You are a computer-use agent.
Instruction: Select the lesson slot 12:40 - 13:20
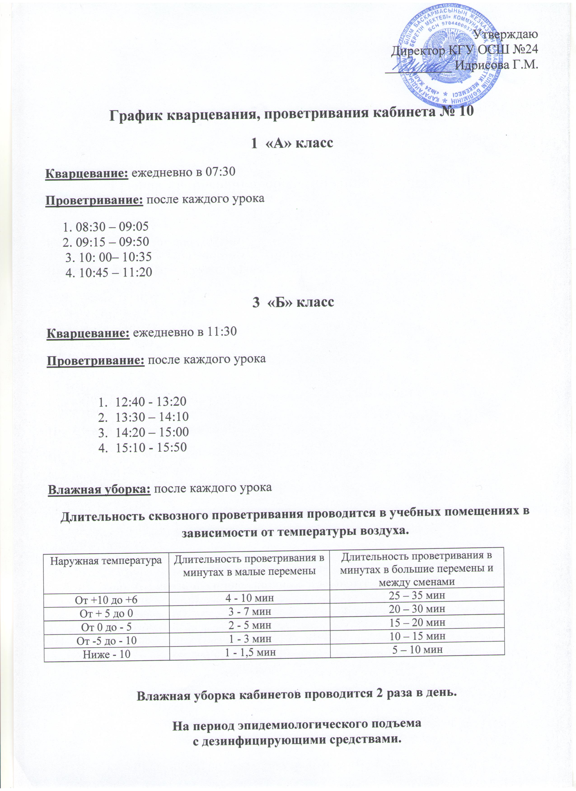[x=151, y=402]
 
